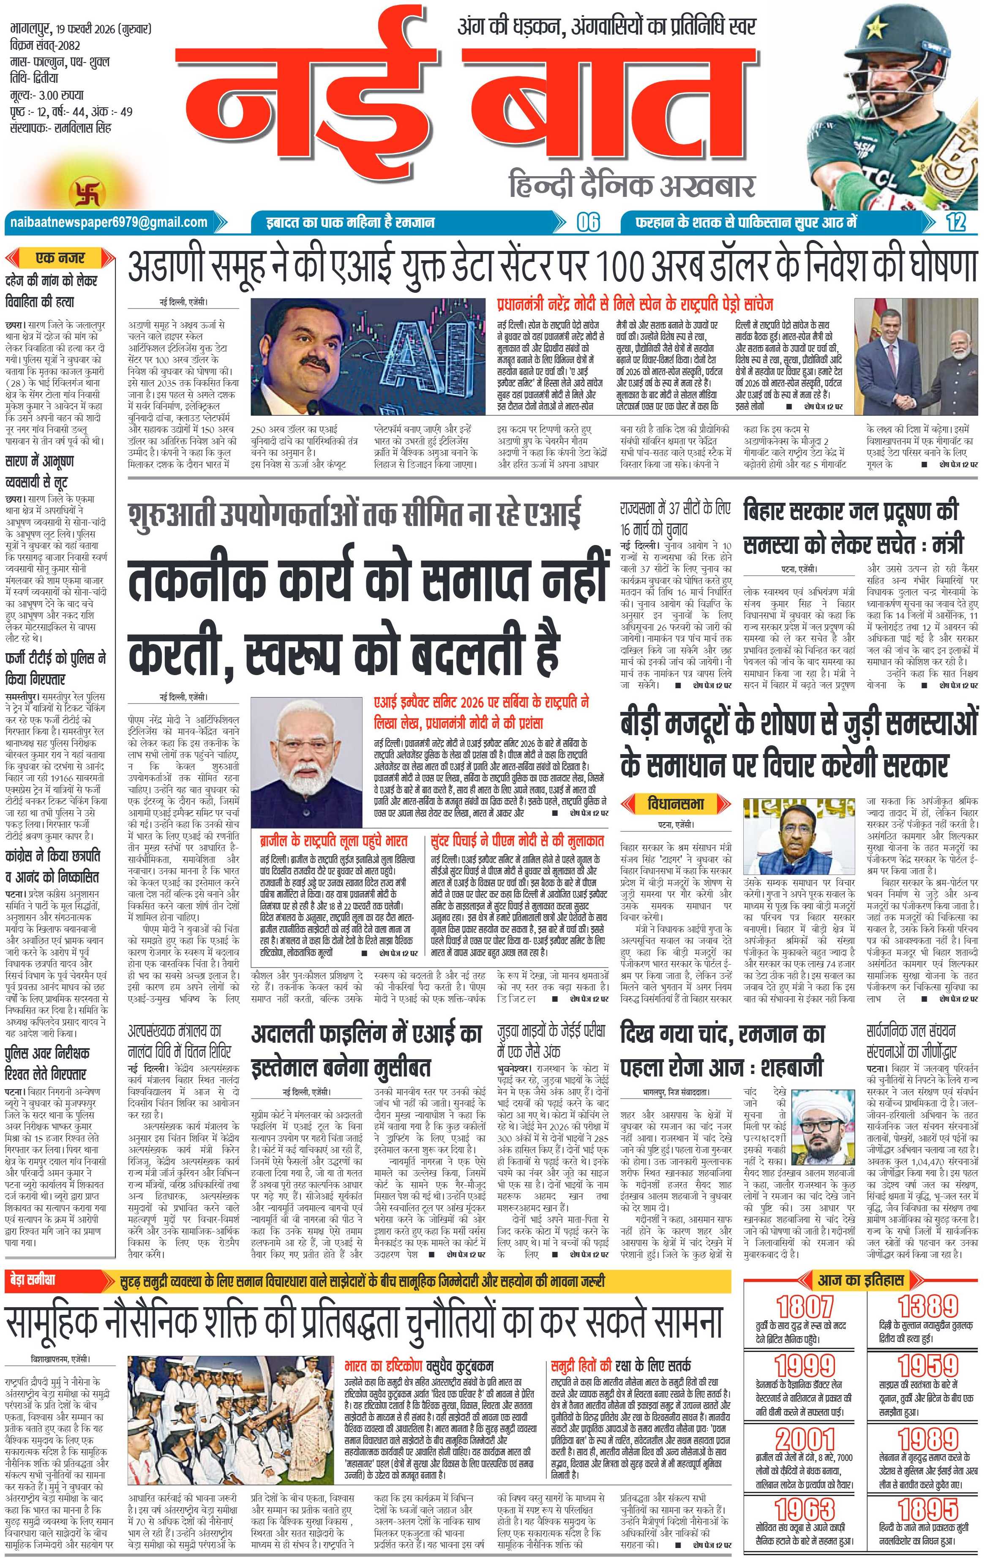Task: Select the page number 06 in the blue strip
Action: coord(588,223)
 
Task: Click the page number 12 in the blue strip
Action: coord(956,223)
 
